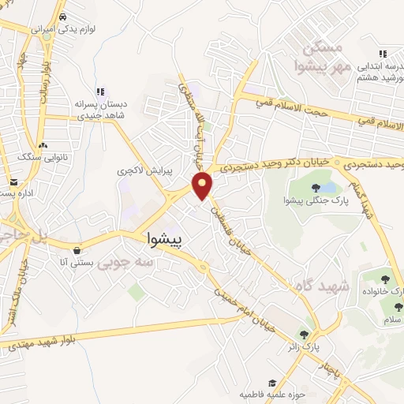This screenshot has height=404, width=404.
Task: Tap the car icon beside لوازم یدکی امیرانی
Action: point(62,15)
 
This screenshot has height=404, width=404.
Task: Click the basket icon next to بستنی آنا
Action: point(77,252)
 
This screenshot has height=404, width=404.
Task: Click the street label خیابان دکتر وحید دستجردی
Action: point(274,166)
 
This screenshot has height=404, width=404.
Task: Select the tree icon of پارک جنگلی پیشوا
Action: point(316,188)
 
